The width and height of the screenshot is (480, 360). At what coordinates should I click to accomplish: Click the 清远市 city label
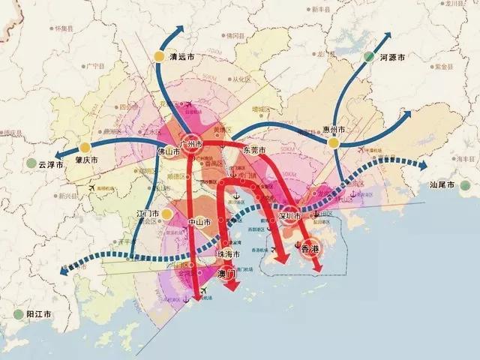pos(183,55)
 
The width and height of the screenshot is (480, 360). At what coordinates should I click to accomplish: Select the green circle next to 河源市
pos(368,56)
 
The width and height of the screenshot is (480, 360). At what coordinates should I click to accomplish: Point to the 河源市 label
pos(392,57)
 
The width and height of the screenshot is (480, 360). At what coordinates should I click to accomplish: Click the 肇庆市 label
pos(87,160)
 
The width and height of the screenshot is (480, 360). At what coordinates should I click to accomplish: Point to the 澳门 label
pos(227,274)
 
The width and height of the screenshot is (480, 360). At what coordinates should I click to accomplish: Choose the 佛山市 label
pos(169,149)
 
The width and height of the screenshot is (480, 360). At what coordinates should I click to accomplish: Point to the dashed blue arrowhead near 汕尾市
pos(423,164)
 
